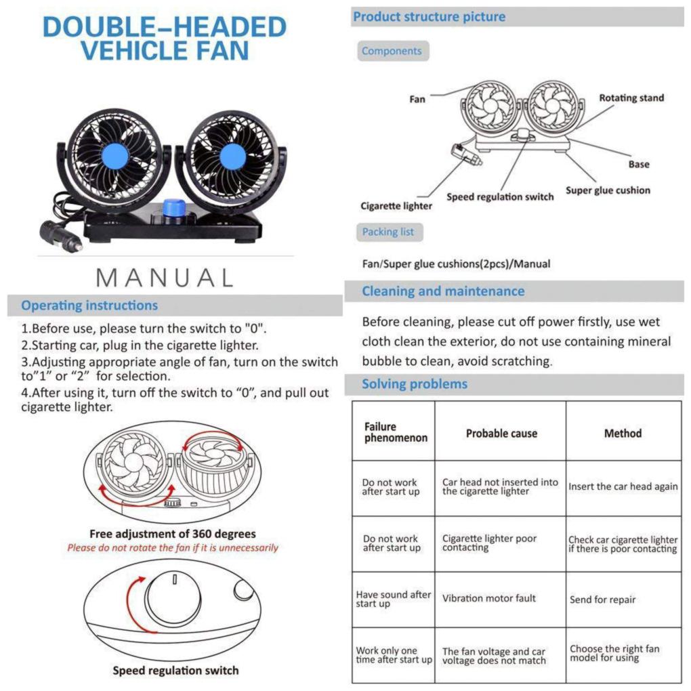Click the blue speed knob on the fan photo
click(174, 207)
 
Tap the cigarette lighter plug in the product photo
click(60, 236)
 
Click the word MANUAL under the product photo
click(165, 277)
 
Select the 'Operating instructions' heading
click(89, 306)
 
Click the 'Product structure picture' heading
click(430, 17)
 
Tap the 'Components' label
click(392, 51)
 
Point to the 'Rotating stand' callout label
click(631, 98)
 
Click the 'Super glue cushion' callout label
click(608, 190)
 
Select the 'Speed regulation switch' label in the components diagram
click(500, 197)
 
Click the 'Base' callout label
click(638, 164)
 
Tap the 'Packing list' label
click(388, 232)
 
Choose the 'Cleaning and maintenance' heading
click(443, 291)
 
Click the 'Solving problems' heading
click(415, 384)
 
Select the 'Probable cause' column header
click(501, 434)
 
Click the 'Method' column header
click(623, 433)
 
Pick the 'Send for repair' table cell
click(603, 600)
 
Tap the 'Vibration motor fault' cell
click(489, 598)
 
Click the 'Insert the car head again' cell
click(623, 486)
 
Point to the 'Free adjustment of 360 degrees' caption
click(173, 534)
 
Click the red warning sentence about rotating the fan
click(173, 547)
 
